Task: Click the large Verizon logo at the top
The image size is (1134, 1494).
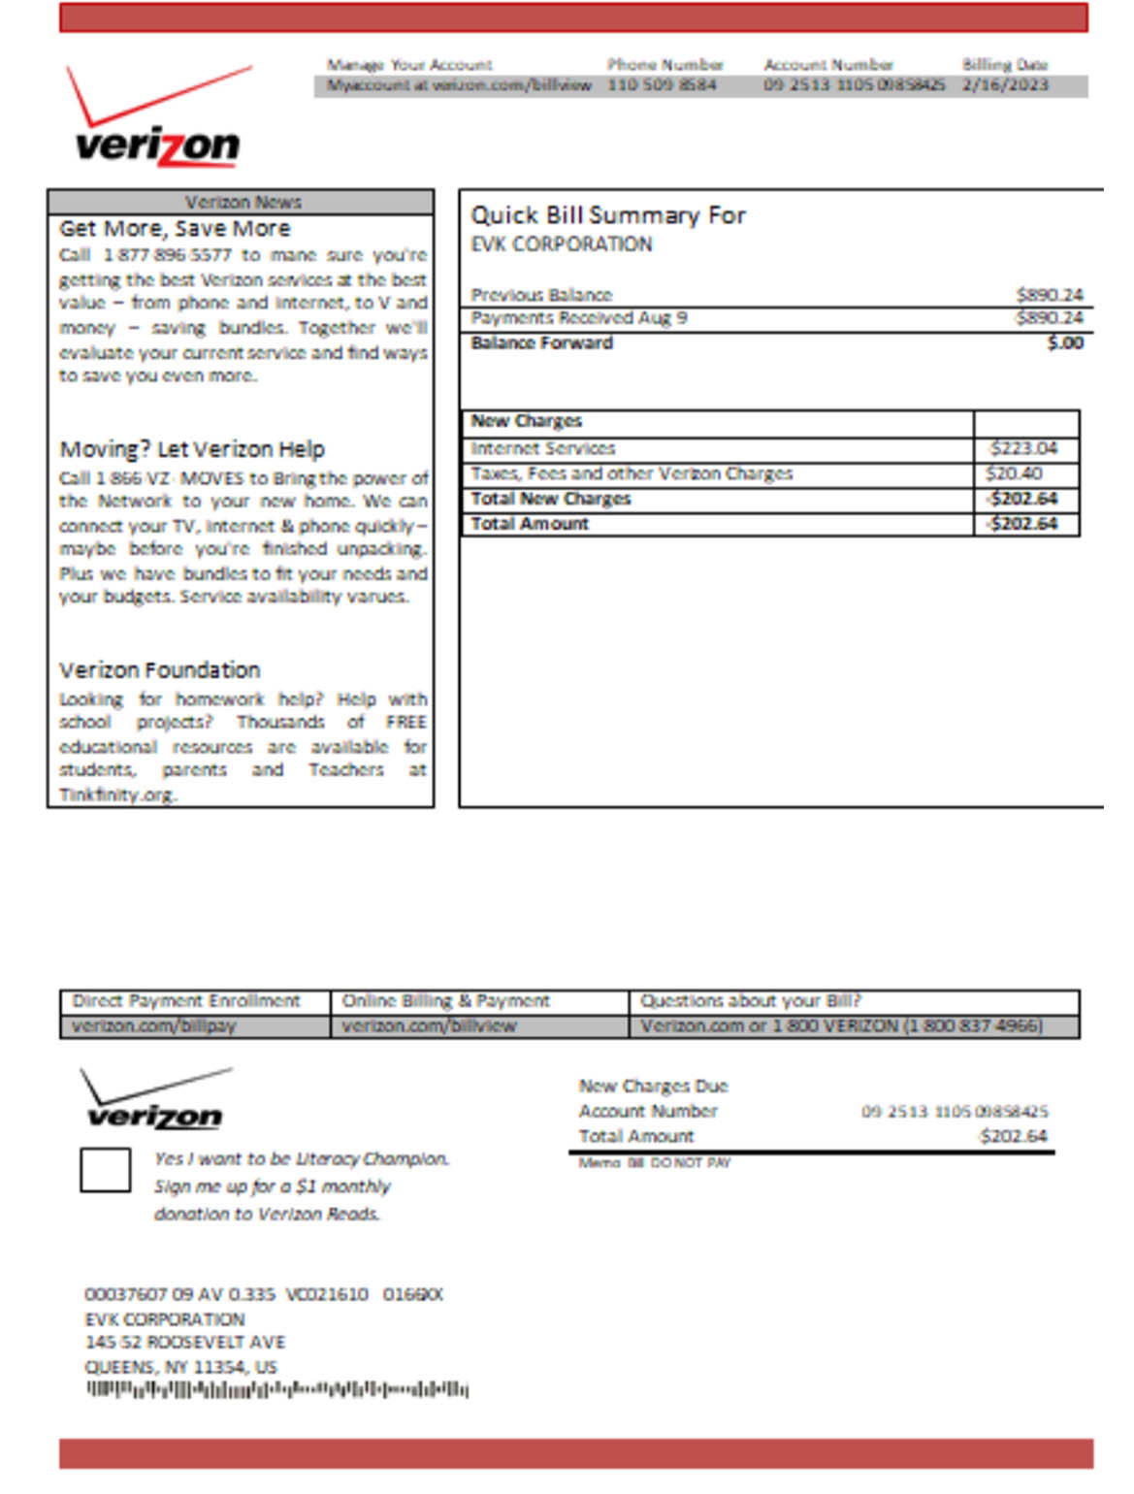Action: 158,120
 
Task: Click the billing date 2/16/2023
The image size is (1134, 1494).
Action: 1005,85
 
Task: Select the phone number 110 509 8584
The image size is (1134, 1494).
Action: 662,85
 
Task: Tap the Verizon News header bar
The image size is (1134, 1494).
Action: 242,202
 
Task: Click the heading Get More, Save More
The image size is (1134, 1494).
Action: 175,229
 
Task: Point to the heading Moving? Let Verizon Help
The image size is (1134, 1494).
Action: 192,449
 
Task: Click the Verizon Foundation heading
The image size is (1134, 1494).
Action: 160,670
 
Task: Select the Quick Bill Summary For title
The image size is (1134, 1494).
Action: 608,215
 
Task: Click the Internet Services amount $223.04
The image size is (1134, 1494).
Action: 1023,448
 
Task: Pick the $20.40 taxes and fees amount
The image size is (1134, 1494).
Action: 1014,473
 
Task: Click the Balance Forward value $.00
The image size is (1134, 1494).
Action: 1065,342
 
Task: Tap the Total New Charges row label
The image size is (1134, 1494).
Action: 551,499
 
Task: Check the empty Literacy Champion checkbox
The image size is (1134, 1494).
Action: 105,1170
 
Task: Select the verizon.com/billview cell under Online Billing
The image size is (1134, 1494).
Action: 429,1026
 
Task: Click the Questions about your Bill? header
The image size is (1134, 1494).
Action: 750,1001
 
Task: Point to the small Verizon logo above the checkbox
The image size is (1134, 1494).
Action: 155,1102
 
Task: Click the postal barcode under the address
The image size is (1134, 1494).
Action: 277,1390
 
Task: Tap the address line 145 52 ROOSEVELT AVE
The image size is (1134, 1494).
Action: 185,1343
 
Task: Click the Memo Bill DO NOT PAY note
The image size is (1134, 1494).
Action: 655,1162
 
